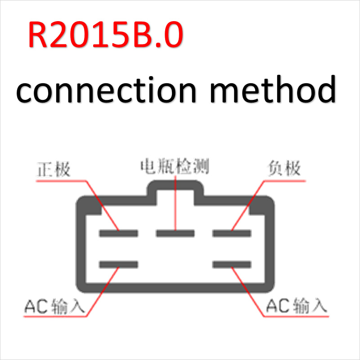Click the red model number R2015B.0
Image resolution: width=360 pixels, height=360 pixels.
[x=106, y=35]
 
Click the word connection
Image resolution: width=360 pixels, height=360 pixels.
[x=106, y=90]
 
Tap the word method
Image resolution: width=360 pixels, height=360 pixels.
[x=273, y=89]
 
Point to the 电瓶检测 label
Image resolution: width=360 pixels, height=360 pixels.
[x=175, y=166]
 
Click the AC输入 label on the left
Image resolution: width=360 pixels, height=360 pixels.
[x=54, y=306]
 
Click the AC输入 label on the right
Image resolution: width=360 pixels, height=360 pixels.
[x=297, y=306]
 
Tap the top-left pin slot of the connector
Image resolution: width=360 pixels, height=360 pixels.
[x=118, y=233]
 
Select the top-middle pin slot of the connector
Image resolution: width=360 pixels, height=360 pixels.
[x=175, y=233]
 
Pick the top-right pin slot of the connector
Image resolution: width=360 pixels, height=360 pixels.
[x=232, y=233]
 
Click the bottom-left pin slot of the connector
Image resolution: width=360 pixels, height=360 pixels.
[x=118, y=265]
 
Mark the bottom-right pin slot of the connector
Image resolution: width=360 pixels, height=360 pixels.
[x=232, y=265]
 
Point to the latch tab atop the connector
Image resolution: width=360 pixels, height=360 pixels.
[x=175, y=185]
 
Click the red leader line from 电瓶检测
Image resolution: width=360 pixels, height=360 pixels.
[x=175, y=202]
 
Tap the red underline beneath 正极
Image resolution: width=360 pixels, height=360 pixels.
[x=61, y=181]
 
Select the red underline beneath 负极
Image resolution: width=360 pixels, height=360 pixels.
[x=285, y=181]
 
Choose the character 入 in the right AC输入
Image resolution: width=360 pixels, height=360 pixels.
[x=319, y=306]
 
